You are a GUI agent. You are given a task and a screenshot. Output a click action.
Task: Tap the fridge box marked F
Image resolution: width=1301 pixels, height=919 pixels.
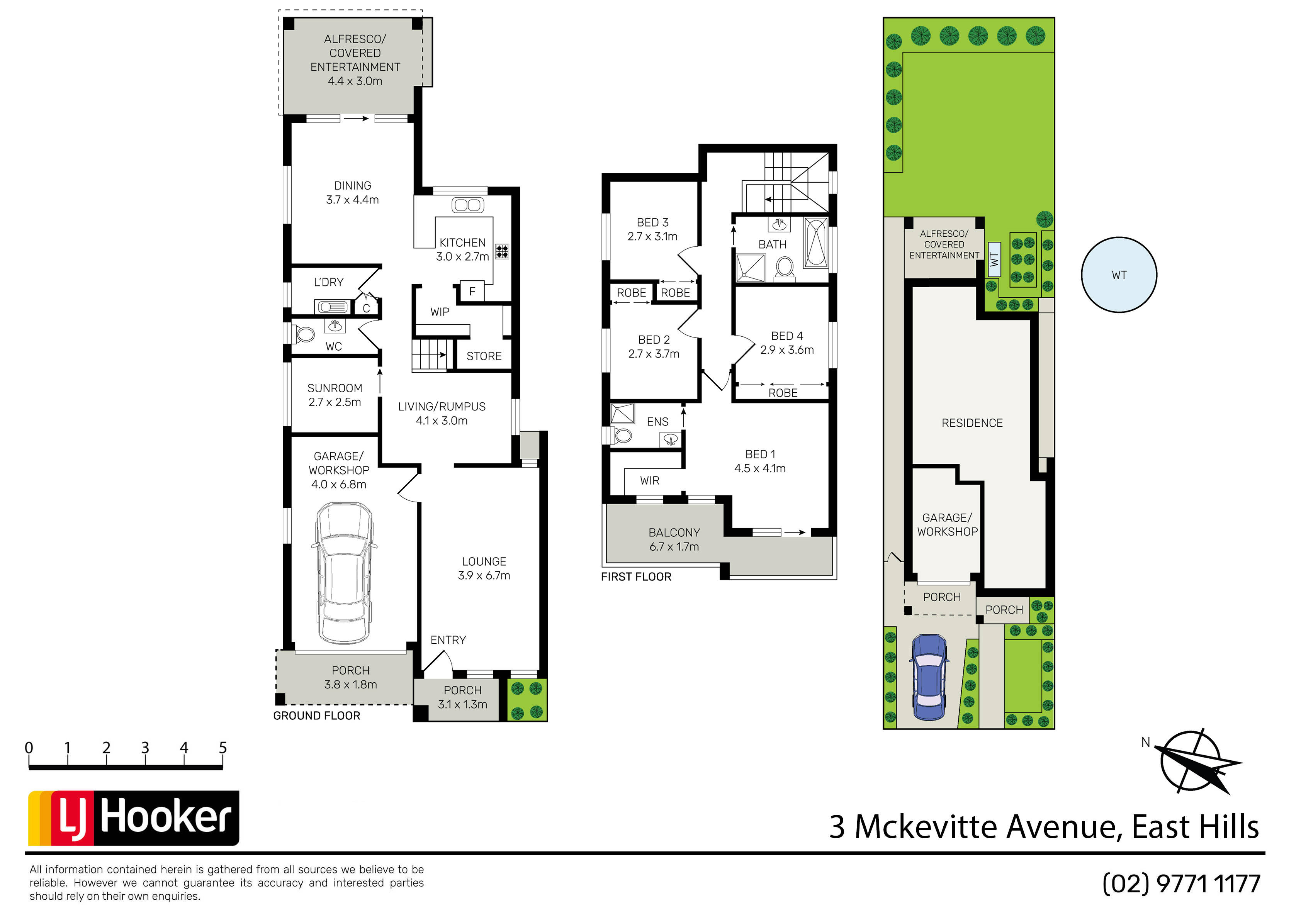point(472,291)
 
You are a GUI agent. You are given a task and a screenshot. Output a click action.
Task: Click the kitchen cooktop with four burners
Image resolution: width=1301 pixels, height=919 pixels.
point(502,251)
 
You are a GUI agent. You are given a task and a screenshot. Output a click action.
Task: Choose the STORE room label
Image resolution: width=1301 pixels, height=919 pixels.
point(484,356)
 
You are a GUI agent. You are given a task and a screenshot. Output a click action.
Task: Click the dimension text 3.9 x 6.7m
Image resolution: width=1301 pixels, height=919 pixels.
point(484,576)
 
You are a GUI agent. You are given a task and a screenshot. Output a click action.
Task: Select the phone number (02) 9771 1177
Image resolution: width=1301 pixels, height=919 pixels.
point(1181,884)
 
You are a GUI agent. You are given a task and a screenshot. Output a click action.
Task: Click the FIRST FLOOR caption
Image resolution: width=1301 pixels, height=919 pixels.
point(636,577)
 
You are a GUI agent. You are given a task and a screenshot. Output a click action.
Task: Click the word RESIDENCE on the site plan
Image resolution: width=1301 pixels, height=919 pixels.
point(972,423)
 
